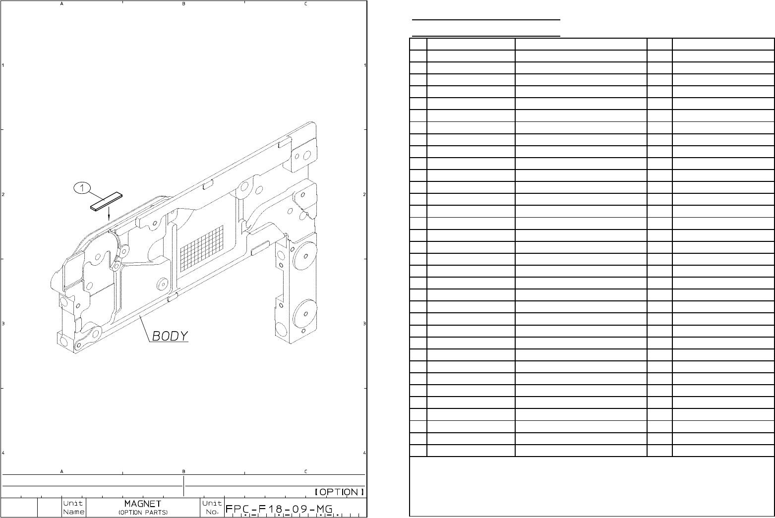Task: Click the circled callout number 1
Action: tap(82, 188)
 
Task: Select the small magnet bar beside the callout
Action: tap(106, 202)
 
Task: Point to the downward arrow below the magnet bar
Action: tap(109, 213)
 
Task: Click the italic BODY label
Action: tap(170, 336)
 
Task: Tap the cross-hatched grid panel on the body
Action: tap(202, 247)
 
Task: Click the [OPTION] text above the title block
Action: tap(340, 492)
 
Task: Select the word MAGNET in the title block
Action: tap(142, 504)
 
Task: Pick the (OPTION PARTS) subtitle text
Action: tap(143, 512)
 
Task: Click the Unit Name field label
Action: tap(74, 507)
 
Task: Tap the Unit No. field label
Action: tap(212, 507)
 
